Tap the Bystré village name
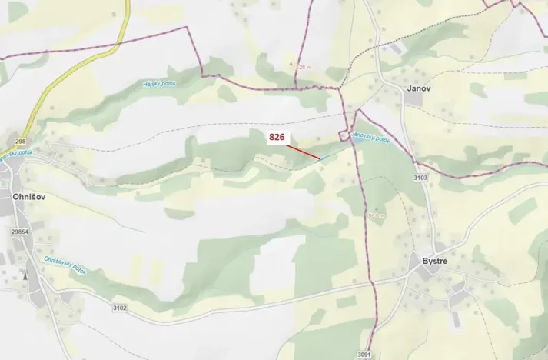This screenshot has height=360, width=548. click(440, 261)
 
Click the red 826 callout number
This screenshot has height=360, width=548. click(277, 137)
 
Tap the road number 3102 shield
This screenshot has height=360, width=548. click(118, 308)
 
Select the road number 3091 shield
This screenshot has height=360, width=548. click(364, 355)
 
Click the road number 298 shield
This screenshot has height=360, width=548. click(20, 142)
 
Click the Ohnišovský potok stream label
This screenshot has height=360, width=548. click(65, 265)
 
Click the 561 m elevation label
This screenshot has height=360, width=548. click(375, 215)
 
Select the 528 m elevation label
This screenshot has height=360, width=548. click(304, 68)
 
